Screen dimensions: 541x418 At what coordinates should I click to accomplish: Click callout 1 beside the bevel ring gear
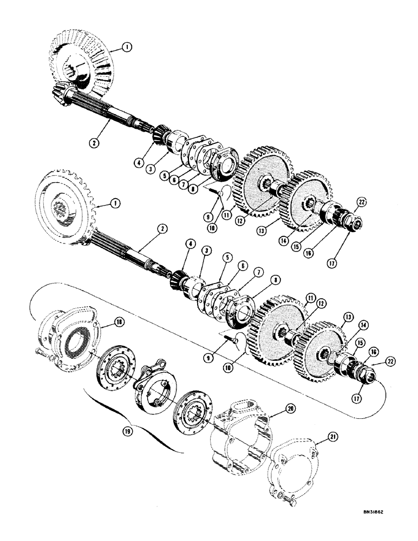tap(127, 47)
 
